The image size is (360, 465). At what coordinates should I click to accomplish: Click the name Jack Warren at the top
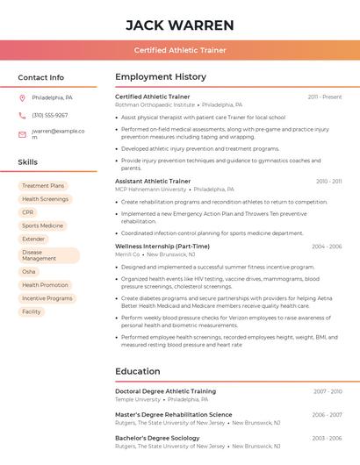click(180, 25)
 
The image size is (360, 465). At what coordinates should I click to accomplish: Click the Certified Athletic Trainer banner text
click(180, 50)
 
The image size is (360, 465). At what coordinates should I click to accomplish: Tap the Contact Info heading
click(41, 77)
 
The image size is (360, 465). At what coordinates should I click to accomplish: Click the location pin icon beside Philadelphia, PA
click(22, 97)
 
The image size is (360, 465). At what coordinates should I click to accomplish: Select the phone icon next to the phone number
click(22, 115)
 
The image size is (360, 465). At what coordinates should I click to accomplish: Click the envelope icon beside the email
click(22, 134)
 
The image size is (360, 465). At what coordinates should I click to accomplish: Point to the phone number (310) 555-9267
click(50, 115)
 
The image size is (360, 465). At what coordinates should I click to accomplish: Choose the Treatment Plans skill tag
click(43, 186)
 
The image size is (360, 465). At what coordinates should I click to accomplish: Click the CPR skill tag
click(28, 212)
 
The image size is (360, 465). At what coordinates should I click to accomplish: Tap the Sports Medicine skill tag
click(42, 225)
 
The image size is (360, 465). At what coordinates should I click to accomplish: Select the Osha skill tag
click(29, 272)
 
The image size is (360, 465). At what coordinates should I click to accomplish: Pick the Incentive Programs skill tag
click(47, 298)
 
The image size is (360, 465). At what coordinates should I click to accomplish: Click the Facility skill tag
click(32, 311)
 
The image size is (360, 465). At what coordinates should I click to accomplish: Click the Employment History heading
click(161, 77)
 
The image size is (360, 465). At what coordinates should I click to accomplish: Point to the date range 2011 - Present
click(324, 97)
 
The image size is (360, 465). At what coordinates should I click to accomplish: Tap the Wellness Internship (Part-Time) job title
click(162, 247)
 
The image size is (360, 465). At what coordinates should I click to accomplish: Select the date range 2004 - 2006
click(327, 247)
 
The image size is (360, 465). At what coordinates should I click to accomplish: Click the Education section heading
click(138, 371)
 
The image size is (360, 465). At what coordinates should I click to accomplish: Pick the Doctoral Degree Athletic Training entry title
click(165, 391)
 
